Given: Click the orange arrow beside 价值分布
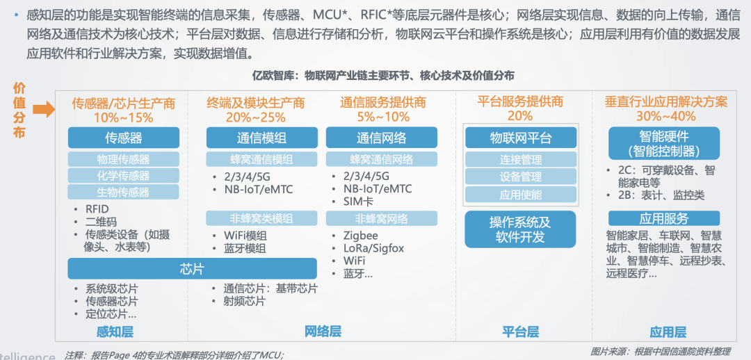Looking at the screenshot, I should [x=43, y=108].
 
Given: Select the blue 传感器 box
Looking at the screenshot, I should [x=123, y=138].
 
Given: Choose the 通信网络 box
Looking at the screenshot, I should [x=382, y=138].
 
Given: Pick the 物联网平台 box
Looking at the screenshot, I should [x=520, y=138].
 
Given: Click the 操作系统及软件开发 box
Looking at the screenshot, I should [x=520, y=229].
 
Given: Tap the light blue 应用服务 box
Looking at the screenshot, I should [x=663, y=218].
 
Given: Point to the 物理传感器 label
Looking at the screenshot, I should [x=123, y=159].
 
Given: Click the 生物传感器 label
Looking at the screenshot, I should [x=123, y=192].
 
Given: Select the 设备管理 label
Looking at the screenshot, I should [x=520, y=177].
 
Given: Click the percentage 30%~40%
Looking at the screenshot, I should [x=665, y=116].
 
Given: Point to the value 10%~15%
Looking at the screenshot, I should [x=123, y=117].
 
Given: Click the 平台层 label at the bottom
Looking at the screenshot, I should [x=520, y=332].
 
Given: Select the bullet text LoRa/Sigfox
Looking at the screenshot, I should [x=373, y=248].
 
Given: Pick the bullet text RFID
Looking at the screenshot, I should [x=97, y=208].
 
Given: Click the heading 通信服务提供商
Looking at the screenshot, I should [x=382, y=103].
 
